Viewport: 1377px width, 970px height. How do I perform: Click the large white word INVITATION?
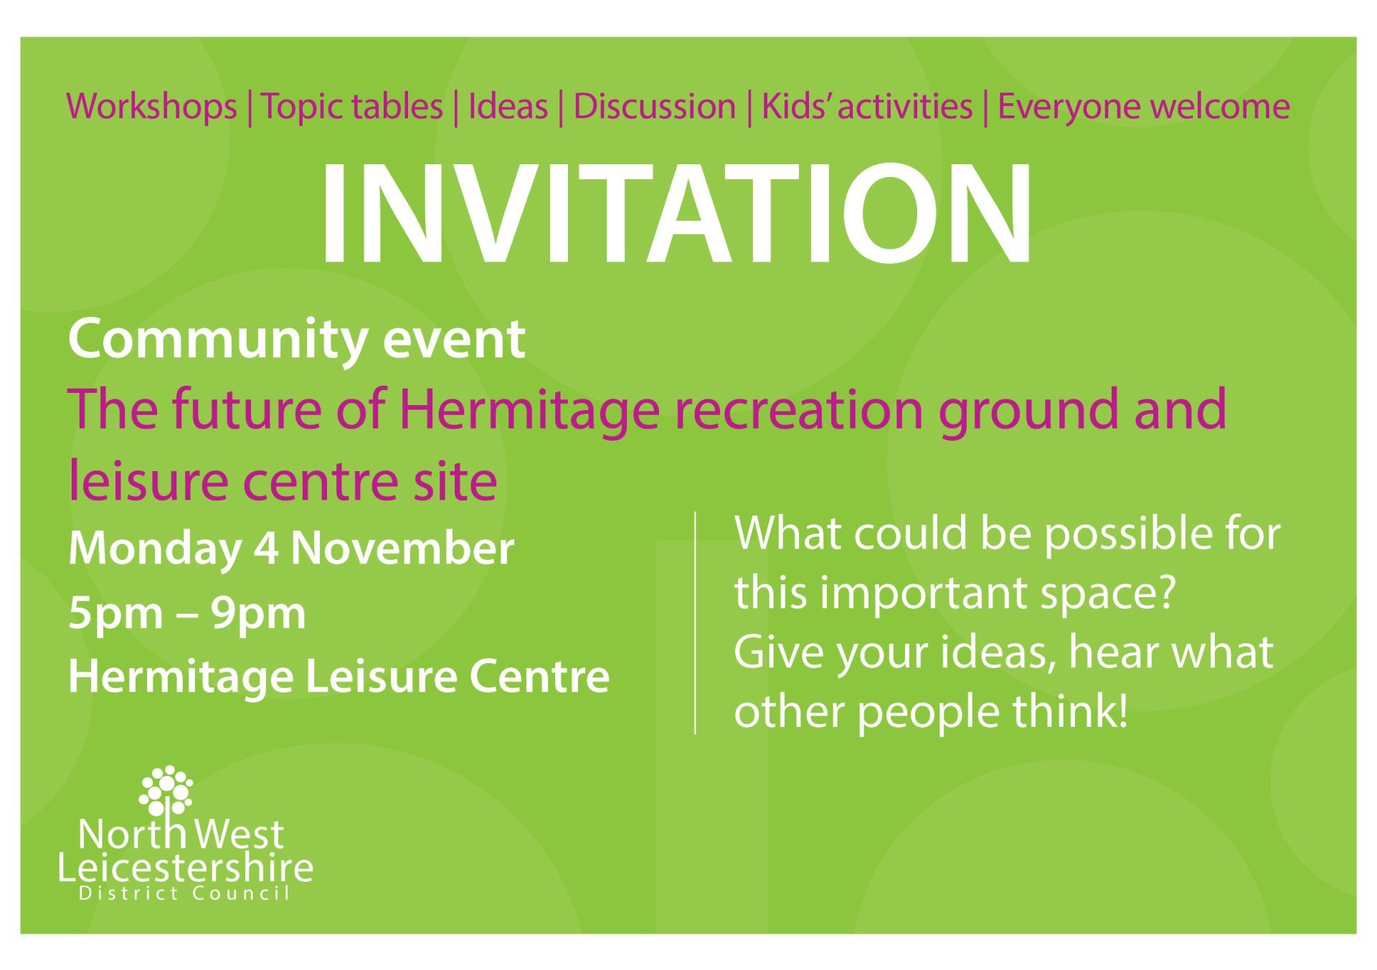click(x=676, y=214)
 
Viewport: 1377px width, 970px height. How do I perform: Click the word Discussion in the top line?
click(x=654, y=107)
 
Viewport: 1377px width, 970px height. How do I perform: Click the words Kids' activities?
click(x=866, y=107)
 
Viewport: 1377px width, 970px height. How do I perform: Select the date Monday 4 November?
click(x=291, y=549)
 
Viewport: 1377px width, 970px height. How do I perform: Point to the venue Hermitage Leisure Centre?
click(x=339, y=677)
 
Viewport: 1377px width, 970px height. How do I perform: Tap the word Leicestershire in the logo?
click(x=185, y=868)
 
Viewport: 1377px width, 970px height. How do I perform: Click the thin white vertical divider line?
click(x=695, y=623)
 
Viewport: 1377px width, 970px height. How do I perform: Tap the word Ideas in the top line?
click(x=508, y=107)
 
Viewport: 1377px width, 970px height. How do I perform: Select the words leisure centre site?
click(x=283, y=480)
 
